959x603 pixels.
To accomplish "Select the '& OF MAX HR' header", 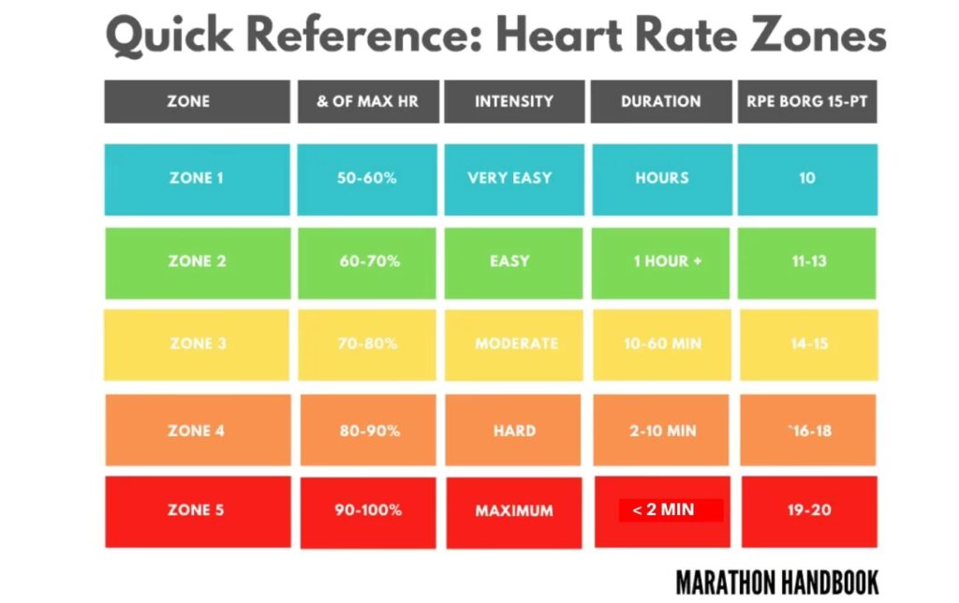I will (367, 101).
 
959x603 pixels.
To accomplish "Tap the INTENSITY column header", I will (513, 101).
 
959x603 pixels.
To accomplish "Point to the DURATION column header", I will (660, 101).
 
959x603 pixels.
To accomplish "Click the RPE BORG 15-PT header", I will (806, 101).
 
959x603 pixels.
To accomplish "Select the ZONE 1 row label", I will (196, 178).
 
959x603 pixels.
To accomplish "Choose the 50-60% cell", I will (367, 178).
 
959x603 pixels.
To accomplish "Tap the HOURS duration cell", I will (661, 178).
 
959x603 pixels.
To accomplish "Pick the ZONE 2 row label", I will (196, 261).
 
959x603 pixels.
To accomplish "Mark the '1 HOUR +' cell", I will (667, 261).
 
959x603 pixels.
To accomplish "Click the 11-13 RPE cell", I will (808, 261).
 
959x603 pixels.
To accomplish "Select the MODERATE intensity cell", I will (515, 344).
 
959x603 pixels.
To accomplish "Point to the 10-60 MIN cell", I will (661, 344).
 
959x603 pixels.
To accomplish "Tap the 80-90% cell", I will (368, 432).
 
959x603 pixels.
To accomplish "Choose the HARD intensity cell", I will (514, 432).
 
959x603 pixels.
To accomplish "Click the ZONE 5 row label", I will (196, 510).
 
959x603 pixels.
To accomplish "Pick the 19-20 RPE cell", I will (807, 510).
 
